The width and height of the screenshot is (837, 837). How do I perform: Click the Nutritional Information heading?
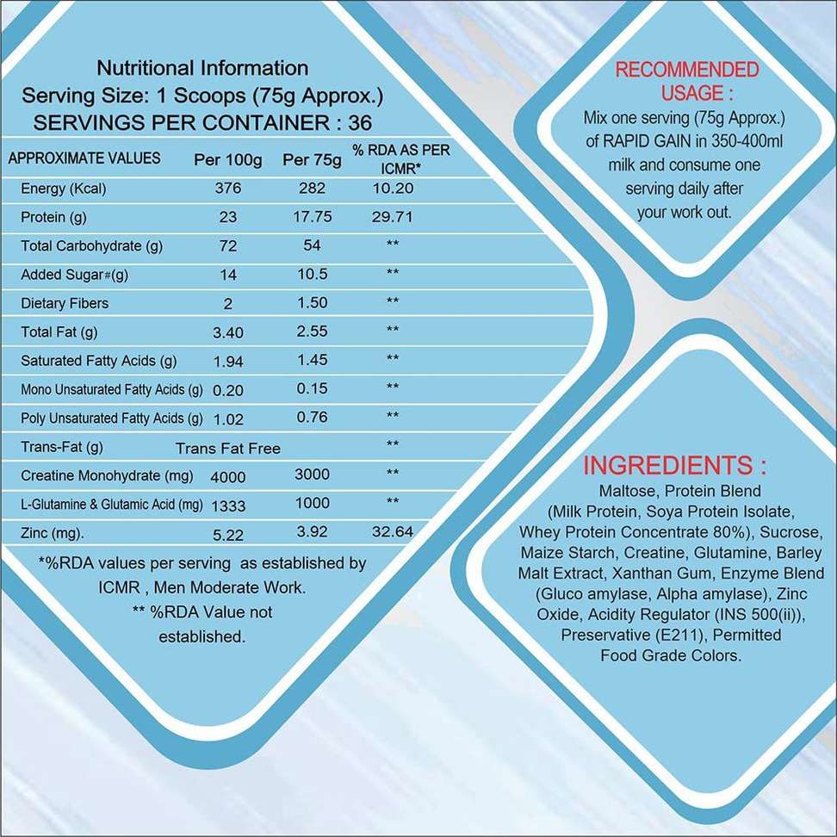click(x=202, y=68)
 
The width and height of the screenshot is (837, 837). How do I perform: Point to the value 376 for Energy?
click(x=228, y=189)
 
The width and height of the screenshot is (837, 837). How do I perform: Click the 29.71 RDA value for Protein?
click(x=392, y=217)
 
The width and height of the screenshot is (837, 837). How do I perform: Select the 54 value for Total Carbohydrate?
click(x=312, y=245)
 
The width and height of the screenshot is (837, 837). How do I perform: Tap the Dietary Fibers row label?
click(x=65, y=303)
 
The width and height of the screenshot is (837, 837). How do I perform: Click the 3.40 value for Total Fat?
click(x=227, y=332)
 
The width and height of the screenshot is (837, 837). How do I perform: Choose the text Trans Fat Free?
click(x=227, y=448)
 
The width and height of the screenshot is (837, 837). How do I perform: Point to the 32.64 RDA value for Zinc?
click(x=392, y=532)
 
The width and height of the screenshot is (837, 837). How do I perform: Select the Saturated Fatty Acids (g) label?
click(x=98, y=361)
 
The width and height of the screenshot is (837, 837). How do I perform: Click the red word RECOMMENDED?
click(x=686, y=70)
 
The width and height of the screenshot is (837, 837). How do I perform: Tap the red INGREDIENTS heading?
click(x=675, y=466)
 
